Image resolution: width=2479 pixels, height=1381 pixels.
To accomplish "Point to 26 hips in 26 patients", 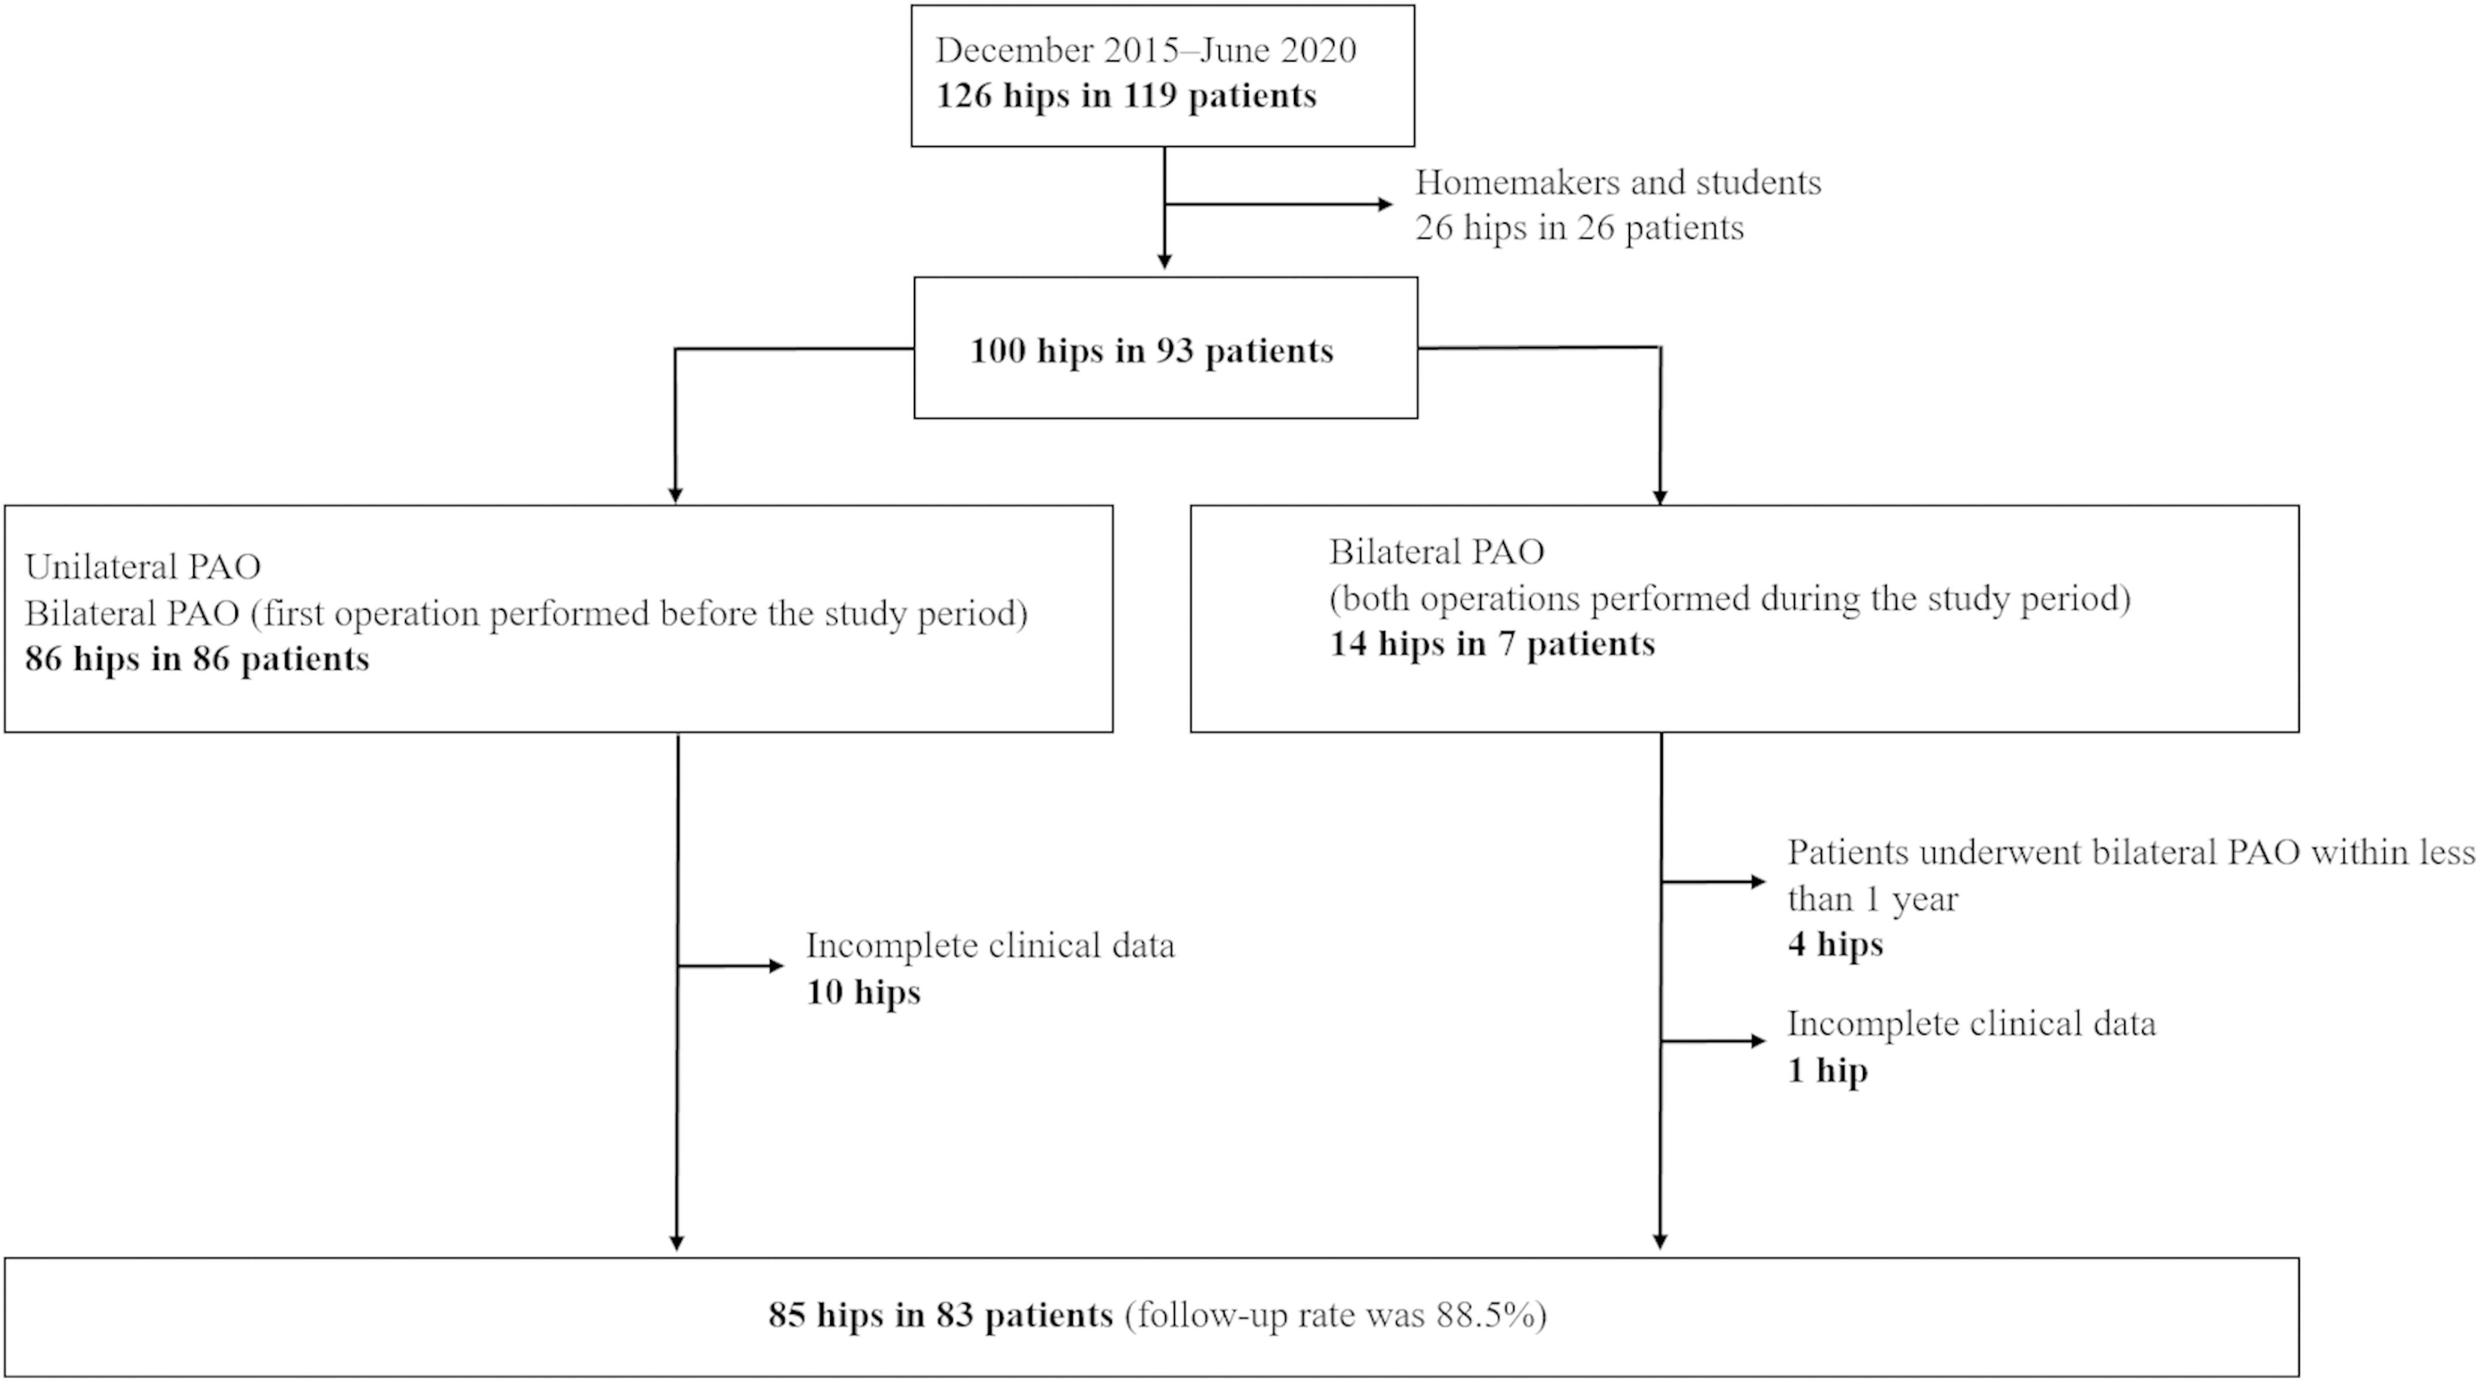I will [x=1579, y=229].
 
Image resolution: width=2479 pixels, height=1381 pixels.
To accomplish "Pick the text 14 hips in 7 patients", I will [x=1492, y=645].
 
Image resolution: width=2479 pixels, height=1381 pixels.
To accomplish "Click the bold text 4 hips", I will [x=1835, y=945].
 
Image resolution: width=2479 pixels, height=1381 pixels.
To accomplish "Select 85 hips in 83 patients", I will [x=940, y=1315].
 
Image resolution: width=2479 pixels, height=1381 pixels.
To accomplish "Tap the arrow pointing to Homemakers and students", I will [x=1280, y=204].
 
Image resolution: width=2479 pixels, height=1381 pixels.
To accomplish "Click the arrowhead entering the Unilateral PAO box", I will [x=676, y=494].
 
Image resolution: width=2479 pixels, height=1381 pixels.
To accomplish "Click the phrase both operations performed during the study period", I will [x=1730, y=599].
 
